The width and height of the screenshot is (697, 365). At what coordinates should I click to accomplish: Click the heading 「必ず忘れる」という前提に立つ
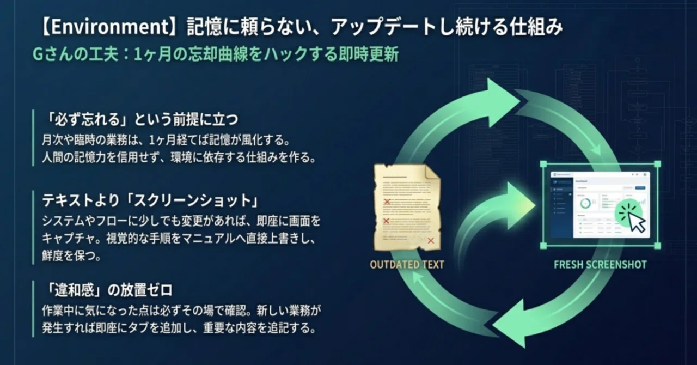tap(140, 118)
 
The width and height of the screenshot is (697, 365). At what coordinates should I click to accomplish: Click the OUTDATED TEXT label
tap(407, 265)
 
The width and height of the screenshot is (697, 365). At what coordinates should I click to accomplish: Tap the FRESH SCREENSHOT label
tap(600, 265)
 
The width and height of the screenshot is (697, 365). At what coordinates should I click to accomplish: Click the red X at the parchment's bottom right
tap(431, 240)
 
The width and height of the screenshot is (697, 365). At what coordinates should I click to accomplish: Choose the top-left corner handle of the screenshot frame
tap(543, 163)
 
